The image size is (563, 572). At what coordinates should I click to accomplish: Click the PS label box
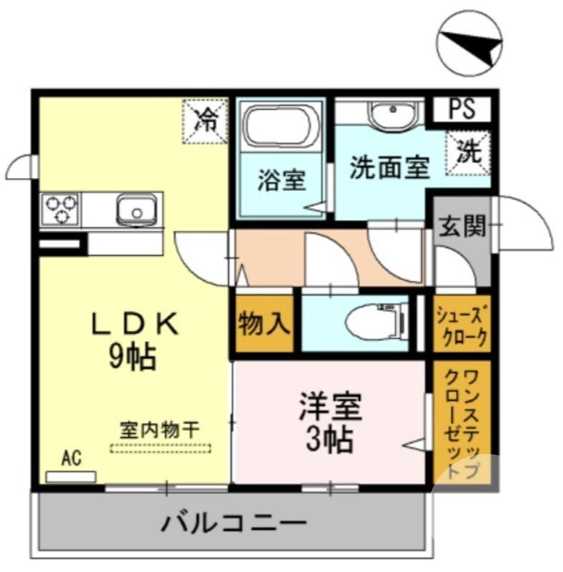(x=462, y=109)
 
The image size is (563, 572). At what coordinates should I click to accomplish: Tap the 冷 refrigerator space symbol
(x=205, y=120)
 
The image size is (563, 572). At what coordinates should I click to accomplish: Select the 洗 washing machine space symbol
(x=469, y=152)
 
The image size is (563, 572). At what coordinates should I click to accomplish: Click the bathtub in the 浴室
(x=279, y=128)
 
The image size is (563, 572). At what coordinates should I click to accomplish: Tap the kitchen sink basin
(x=136, y=210)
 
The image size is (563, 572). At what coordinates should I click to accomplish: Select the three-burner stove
(x=61, y=209)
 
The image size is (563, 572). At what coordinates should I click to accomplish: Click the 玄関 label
(x=461, y=227)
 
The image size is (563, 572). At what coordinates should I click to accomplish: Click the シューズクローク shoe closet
(x=462, y=325)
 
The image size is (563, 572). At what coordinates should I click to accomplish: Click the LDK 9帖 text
(x=133, y=341)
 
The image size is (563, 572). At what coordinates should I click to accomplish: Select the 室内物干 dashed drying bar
(x=160, y=448)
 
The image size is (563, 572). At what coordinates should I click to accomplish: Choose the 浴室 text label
(x=281, y=180)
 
